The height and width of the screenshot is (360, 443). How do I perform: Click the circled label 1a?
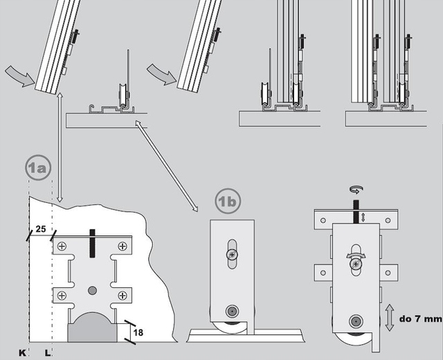click(x=39, y=168)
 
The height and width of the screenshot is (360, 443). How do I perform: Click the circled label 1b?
click(x=228, y=201)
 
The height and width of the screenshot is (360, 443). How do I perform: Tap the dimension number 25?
click(x=40, y=228)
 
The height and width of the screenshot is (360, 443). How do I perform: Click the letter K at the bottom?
click(x=21, y=353)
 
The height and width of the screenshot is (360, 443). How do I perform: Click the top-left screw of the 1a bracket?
click(x=63, y=246)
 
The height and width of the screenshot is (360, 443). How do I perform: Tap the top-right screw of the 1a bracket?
click(x=123, y=246)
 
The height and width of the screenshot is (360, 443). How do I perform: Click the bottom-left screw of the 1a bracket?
click(x=63, y=296)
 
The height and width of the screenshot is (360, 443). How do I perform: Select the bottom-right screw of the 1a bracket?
click(x=123, y=296)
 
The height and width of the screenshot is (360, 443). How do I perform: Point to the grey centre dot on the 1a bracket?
click(x=93, y=289)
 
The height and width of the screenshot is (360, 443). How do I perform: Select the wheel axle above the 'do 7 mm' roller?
click(x=356, y=321)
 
